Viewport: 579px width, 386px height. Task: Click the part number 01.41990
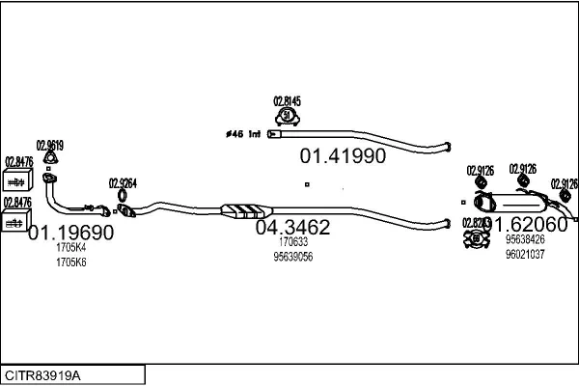click(x=342, y=155)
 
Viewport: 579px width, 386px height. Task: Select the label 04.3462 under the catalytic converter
click(x=292, y=228)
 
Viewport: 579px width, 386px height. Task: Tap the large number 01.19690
click(x=70, y=233)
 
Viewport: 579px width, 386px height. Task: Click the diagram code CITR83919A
click(x=44, y=373)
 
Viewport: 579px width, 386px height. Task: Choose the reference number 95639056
click(x=293, y=257)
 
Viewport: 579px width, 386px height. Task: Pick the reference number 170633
click(x=292, y=243)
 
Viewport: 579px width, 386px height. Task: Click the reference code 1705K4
click(x=70, y=247)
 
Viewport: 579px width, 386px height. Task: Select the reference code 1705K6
click(x=70, y=262)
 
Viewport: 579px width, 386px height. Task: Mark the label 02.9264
click(x=123, y=182)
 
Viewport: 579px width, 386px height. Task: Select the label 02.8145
click(x=287, y=100)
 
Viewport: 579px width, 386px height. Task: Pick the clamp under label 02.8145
click(x=287, y=117)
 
